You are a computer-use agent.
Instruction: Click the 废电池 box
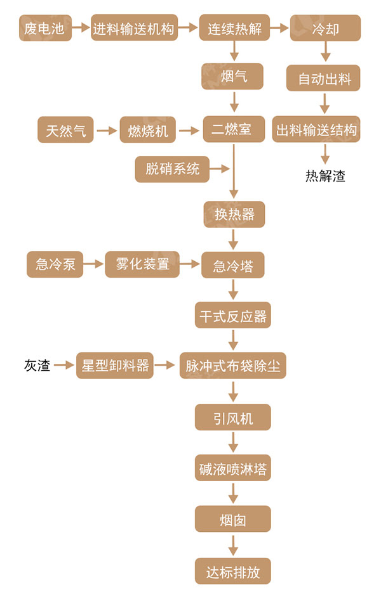point(44,29)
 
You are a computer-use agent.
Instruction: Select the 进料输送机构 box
point(133,29)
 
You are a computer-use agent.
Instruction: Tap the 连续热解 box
point(234,29)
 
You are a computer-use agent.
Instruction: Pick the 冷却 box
point(325,29)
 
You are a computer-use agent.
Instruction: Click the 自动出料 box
point(325,79)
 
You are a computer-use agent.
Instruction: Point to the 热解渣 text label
point(325,176)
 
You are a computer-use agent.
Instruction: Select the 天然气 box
point(65,131)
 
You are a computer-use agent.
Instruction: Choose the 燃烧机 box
point(148,131)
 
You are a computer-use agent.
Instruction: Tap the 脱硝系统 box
point(172,169)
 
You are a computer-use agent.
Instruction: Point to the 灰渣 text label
point(37,366)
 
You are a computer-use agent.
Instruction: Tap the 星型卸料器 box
point(115,366)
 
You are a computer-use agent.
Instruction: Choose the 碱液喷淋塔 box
point(233,470)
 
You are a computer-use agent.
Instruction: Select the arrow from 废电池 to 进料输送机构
point(81,29)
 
